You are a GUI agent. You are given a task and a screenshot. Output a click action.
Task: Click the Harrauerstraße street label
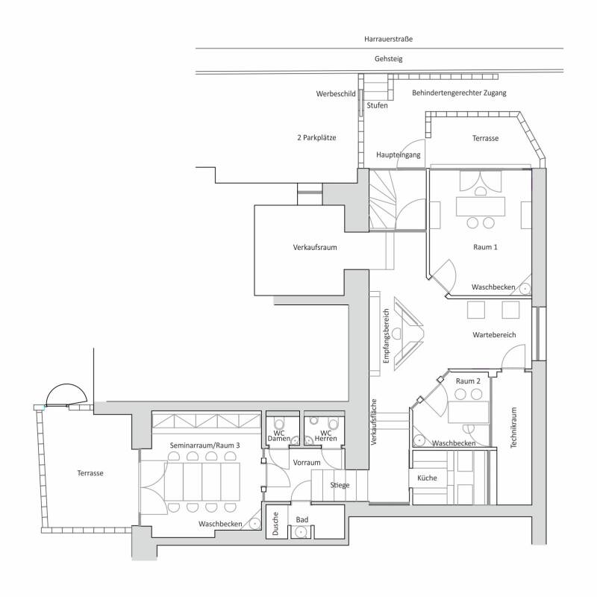pyautogui.click(x=388, y=39)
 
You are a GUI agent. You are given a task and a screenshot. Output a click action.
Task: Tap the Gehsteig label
pyautogui.click(x=388, y=59)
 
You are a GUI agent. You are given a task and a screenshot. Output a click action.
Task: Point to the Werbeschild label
pyautogui.click(x=336, y=94)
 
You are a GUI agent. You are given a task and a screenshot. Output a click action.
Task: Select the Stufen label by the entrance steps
pyautogui.click(x=377, y=105)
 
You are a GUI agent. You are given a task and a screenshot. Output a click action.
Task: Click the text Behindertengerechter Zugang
pyautogui.click(x=459, y=93)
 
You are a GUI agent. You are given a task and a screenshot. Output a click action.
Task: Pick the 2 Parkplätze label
pyautogui.click(x=316, y=137)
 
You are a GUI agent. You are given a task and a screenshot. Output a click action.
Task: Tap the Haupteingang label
pyautogui.click(x=398, y=155)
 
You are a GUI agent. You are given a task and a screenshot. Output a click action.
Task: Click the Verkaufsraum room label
pyautogui.click(x=315, y=247)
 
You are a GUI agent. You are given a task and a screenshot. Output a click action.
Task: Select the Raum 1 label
pyautogui.click(x=485, y=247)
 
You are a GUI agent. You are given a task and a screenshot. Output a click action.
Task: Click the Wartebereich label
pyautogui.click(x=494, y=334)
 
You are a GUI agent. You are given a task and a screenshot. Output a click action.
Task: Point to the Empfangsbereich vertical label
pyautogui.click(x=387, y=336)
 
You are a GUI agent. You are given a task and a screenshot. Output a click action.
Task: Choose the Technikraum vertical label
pyautogui.click(x=513, y=428)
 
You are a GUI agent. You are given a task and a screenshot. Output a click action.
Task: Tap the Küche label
pyautogui.click(x=427, y=478)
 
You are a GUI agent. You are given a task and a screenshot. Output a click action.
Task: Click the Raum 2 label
pyautogui.click(x=468, y=381)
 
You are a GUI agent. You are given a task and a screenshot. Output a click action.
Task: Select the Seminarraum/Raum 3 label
pyautogui.click(x=204, y=445)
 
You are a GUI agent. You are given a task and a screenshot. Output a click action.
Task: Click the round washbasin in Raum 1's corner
pyautogui.click(x=525, y=289)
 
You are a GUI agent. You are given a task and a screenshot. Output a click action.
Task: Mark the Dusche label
pyautogui.click(x=275, y=524)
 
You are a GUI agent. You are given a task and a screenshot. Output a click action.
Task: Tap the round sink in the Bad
pyautogui.click(x=301, y=532)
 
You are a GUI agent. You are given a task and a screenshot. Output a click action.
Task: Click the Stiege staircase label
pyautogui.click(x=340, y=485)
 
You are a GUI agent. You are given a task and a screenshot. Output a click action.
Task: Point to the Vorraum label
pyautogui.click(x=307, y=463)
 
